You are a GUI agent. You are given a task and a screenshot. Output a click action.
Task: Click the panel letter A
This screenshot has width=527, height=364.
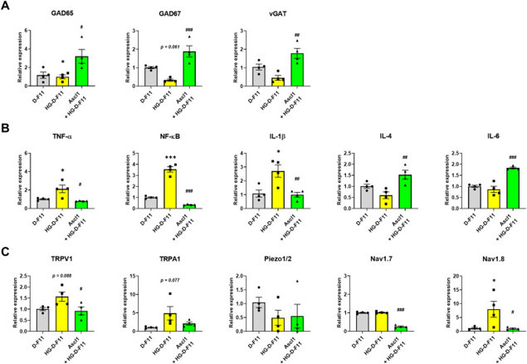pyautogui.click(x=8, y=7)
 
